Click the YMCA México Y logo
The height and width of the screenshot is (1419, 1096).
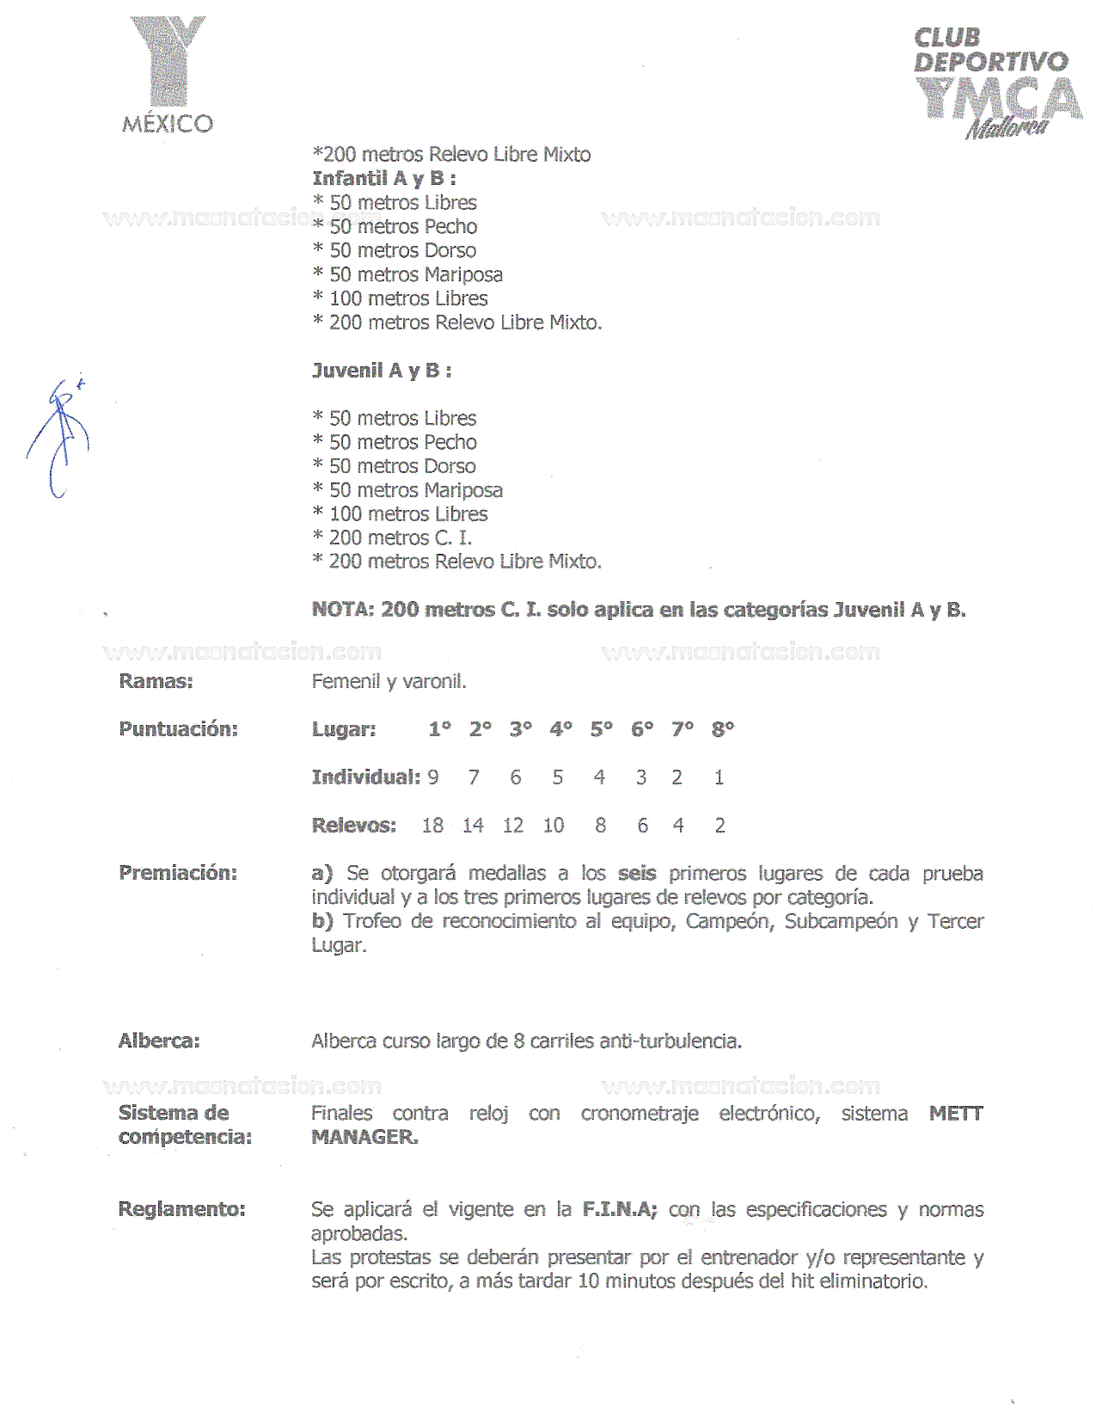coord(168,73)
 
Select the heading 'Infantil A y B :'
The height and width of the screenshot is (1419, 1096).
coord(383,179)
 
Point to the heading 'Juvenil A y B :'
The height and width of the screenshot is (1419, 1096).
coord(382,371)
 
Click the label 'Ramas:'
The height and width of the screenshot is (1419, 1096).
coord(156,681)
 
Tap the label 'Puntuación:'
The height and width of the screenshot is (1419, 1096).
coord(178,729)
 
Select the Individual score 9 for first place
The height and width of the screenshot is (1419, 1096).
coord(433,777)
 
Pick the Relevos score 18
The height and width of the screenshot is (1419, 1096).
coord(432,826)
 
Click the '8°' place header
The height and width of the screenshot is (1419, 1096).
coord(722,729)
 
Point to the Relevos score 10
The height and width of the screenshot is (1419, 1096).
coord(553,826)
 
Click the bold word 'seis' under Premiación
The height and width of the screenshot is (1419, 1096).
coord(637,874)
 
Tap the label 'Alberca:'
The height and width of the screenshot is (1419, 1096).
coord(159,1041)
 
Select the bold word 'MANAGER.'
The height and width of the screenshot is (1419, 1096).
coord(364,1137)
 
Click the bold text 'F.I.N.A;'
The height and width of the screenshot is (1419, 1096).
coord(620,1209)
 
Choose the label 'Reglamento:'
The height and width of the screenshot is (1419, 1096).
coord(181,1209)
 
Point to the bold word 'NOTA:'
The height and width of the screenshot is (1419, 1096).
coord(342,610)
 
